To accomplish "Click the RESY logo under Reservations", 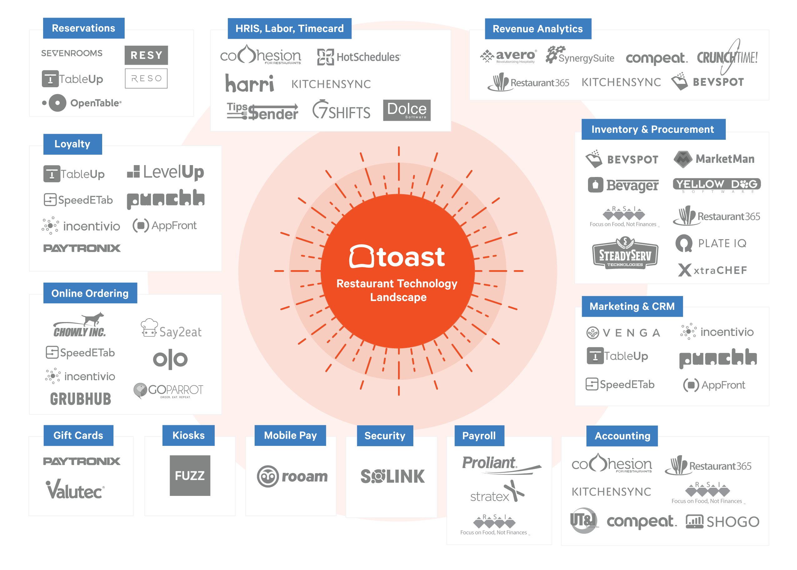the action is tap(146, 55).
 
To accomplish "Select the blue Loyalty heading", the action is tap(72, 144).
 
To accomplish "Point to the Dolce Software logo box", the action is tap(406, 110).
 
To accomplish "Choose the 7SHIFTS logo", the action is tap(341, 111).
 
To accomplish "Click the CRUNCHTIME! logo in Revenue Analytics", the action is tap(727, 57).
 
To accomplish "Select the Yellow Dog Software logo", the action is tap(716, 184).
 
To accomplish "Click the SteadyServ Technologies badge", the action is tap(625, 253).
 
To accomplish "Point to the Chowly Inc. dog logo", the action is tap(80, 325).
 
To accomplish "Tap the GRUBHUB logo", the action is tap(81, 399).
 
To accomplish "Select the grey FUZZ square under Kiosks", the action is tap(190, 475).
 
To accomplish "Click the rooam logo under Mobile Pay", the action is tap(292, 476).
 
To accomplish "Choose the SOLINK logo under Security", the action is tap(392, 476).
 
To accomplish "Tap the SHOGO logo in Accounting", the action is tap(722, 522).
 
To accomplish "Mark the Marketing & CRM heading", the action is tap(632, 306).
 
